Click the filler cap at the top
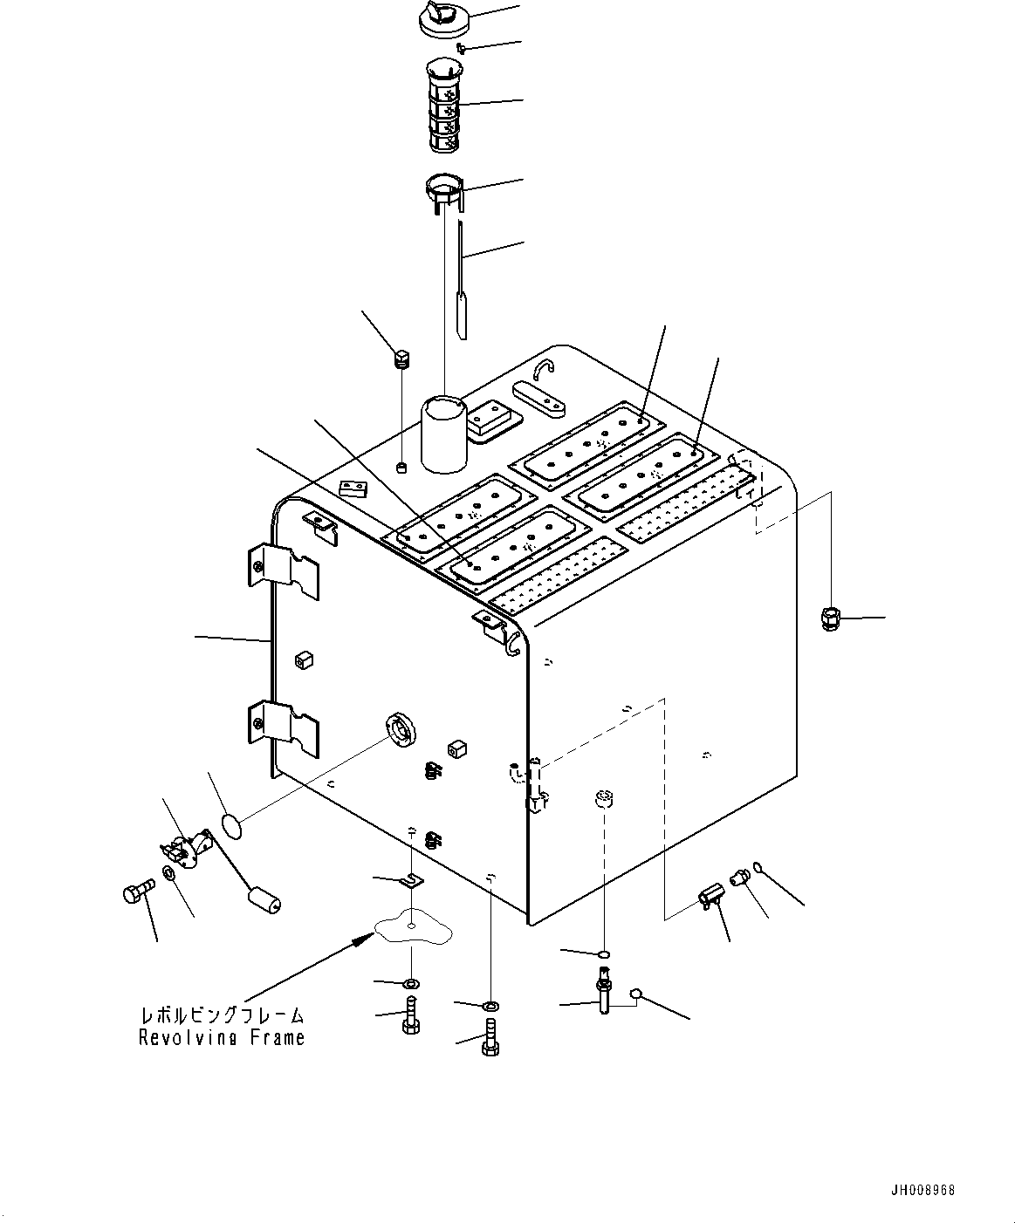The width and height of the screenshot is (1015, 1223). (x=443, y=20)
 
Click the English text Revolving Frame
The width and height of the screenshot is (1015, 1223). (x=222, y=1037)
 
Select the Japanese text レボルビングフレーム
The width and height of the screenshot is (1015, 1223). (x=223, y=1015)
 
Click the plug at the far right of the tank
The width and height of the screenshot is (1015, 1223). (x=830, y=620)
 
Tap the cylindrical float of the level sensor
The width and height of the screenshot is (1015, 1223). (x=264, y=899)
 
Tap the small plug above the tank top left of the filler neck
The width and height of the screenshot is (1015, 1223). (x=402, y=359)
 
